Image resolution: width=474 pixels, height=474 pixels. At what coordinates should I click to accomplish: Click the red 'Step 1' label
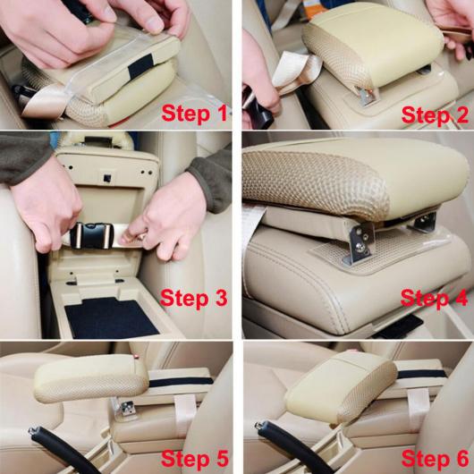[x=194, y=114]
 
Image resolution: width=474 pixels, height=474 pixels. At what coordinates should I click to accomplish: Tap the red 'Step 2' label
[x=435, y=115]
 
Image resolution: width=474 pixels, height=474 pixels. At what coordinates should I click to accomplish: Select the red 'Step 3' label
[x=194, y=298]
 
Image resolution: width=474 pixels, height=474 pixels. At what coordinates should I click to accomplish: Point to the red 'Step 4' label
[x=434, y=299]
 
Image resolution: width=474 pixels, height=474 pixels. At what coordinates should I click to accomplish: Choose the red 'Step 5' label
[x=195, y=459]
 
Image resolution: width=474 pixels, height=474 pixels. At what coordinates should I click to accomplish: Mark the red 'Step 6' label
[x=435, y=459]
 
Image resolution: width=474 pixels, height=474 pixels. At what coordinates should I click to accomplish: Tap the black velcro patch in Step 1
[x=140, y=66]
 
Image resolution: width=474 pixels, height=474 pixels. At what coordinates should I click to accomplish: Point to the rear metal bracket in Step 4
[x=425, y=222]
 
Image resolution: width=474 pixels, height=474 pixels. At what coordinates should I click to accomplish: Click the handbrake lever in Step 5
[x=61, y=448]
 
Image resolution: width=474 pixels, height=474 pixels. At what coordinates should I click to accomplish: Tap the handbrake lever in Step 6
[x=290, y=446]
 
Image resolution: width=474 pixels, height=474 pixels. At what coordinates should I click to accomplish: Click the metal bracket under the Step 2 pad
[x=368, y=95]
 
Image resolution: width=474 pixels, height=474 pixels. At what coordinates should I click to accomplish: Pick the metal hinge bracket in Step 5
[x=124, y=407]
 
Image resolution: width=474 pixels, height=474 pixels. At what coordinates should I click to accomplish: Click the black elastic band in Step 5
[x=181, y=382]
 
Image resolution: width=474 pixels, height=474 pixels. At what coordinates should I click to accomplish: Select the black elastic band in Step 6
[x=422, y=374]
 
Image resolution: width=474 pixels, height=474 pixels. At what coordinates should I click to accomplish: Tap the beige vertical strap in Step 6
[x=419, y=405]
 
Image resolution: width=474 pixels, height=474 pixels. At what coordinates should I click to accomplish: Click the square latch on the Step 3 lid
[x=106, y=178]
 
